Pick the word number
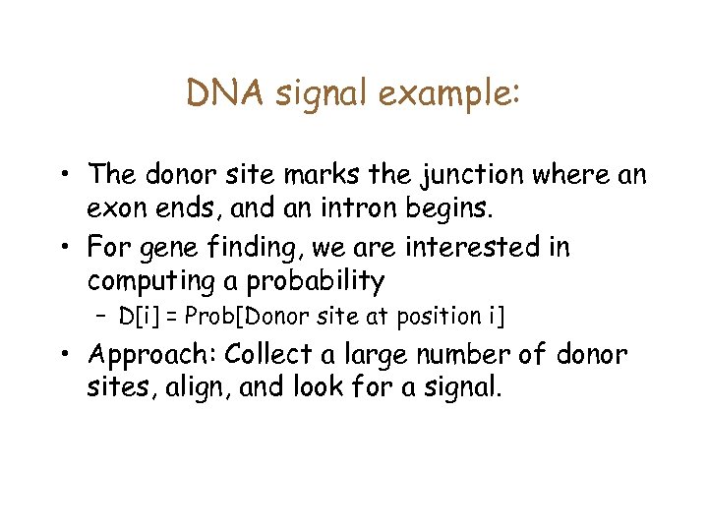point(456,352)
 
